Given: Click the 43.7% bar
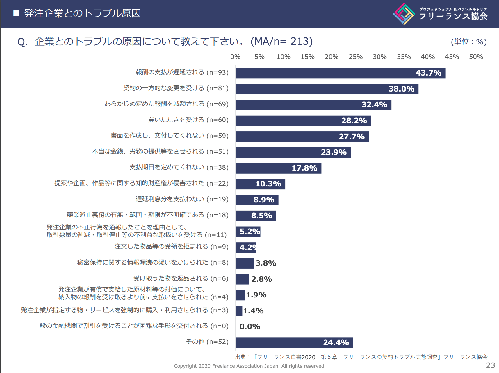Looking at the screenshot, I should pyautogui.click(x=340, y=73).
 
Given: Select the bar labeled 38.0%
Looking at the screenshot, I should pyautogui.click(x=327, y=89).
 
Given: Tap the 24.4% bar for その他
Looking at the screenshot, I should pyautogui.click(x=294, y=342).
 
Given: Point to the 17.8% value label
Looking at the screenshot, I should pyautogui.click(x=304, y=168).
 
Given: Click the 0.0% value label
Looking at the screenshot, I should pyautogui.click(x=250, y=327).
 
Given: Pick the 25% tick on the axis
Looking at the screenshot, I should pyautogui.click(x=356, y=57).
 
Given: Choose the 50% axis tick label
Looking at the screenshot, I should pyautogui.click(x=476, y=57).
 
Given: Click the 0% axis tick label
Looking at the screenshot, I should pyautogui.click(x=235, y=57).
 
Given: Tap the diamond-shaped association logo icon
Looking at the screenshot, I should pyautogui.click(x=404, y=14).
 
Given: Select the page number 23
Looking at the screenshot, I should pyautogui.click(x=491, y=365).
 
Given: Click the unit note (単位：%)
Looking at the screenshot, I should pyautogui.click(x=469, y=42).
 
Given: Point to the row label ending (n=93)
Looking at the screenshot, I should pyautogui.click(x=182, y=72).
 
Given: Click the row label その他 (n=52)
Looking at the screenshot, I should pyautogui.click(x=207, y=342).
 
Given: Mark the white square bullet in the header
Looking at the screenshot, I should pyautogui.click(x=16, y=13).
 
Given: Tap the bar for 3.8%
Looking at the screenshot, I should pyautogui.click(x=245, y=263).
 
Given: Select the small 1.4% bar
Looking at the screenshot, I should pyautogui.click(x=239, y=311).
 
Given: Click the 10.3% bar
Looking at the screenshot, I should pyautogui.click(x=260, y=184).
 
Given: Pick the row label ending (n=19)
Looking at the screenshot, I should pyautogui.click(x=182, y=199).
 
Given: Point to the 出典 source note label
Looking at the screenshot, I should pyautogui.click(x=240, y=357).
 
